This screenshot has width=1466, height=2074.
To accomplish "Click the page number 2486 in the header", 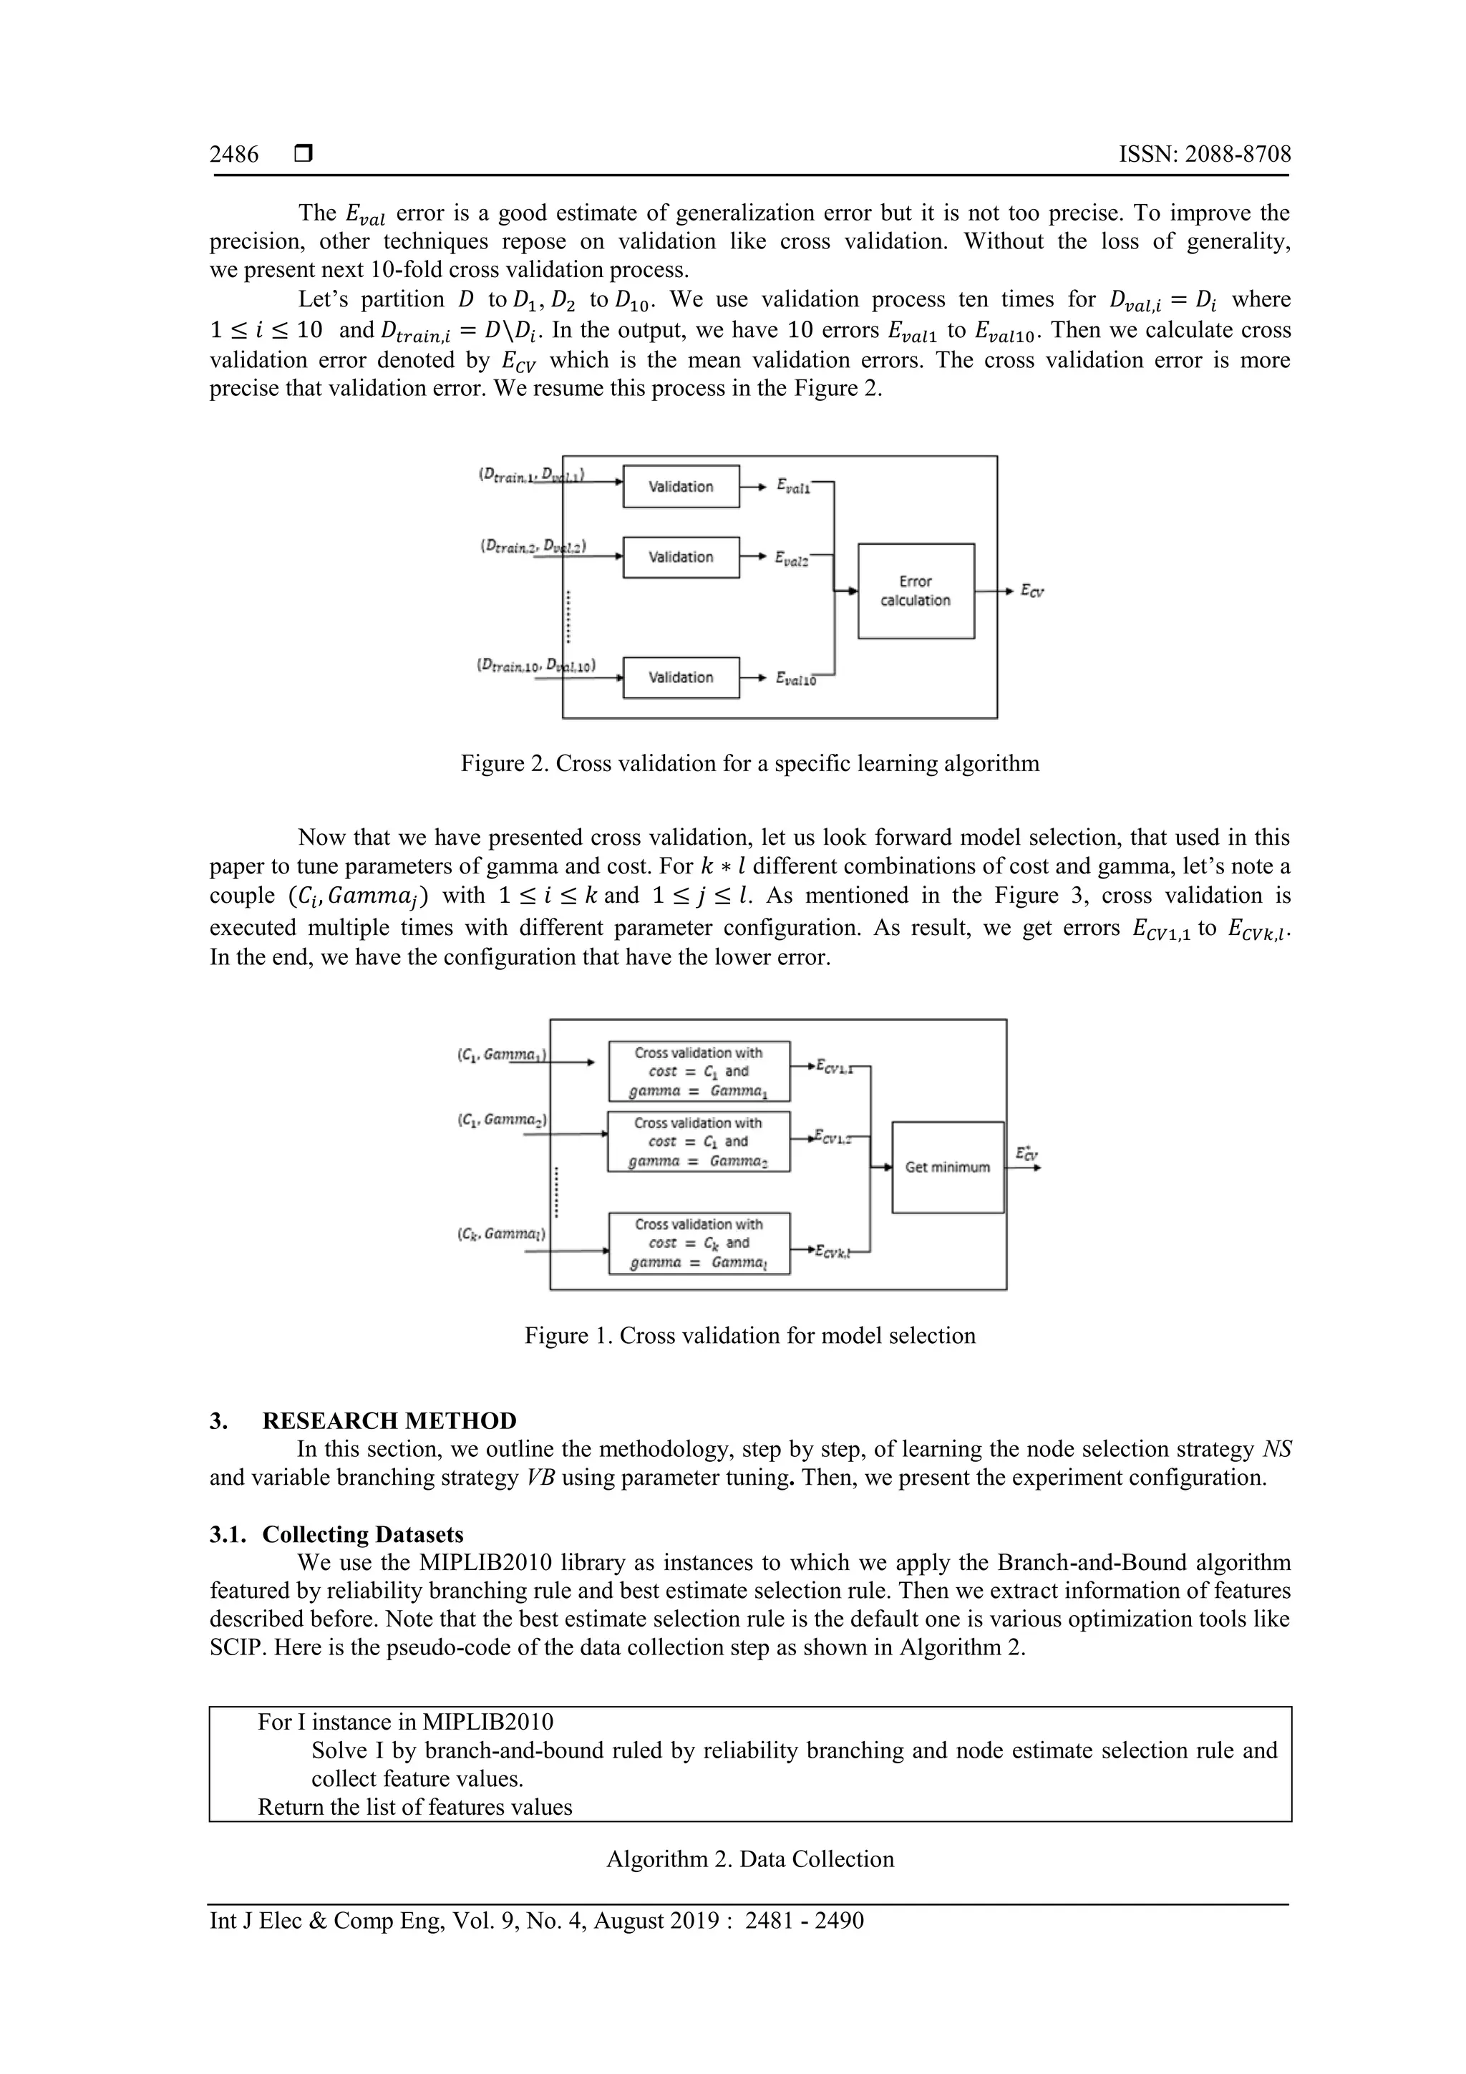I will (234, 155).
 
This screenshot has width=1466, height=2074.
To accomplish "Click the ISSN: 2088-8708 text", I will (1204, 155).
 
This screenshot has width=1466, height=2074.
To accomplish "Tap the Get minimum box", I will (948, 1167).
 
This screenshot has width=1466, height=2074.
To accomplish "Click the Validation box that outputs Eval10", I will (681, 677).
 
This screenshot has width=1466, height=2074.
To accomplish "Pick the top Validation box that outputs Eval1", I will (681, 487).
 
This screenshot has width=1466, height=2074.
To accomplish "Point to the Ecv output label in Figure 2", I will (1031, 591).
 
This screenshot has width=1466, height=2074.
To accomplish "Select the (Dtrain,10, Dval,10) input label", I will (535, 666).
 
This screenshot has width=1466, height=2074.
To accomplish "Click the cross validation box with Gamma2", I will (698, 1142).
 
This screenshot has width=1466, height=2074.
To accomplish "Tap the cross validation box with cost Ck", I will (698, 1243).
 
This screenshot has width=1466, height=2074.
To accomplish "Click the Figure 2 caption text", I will (749, 763).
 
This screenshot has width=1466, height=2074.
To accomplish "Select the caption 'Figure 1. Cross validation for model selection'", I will (749, 1336).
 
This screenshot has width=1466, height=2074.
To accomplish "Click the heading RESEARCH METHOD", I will (389, 1421).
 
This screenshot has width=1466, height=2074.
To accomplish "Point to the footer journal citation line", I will (537, 1921).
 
